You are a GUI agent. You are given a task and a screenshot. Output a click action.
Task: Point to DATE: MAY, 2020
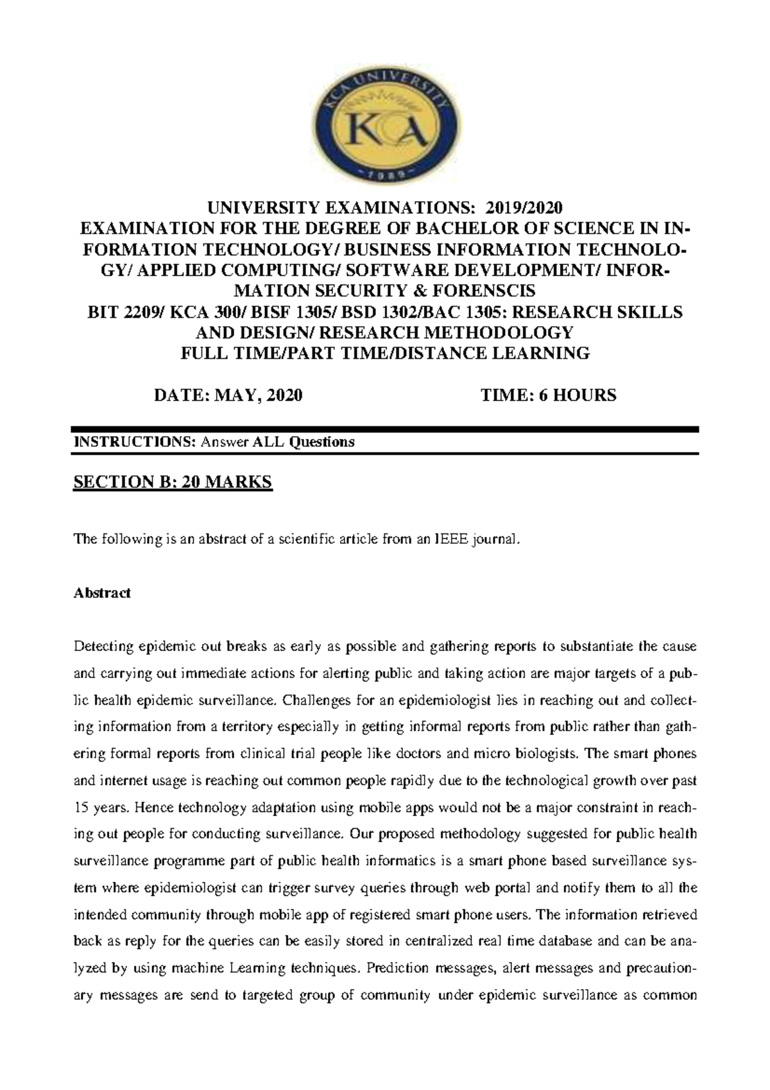point(228,395)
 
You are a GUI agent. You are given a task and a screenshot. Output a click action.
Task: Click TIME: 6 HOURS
point(549,395)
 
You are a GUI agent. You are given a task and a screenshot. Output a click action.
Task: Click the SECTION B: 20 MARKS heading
point(173,482)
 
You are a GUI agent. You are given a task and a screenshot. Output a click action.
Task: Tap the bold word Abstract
point(102,593)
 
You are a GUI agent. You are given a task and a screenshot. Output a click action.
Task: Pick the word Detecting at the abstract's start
point(103,646)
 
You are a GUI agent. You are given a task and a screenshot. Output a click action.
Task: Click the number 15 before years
point(81,808)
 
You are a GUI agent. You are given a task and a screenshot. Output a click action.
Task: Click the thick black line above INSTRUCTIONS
point(385,429)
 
